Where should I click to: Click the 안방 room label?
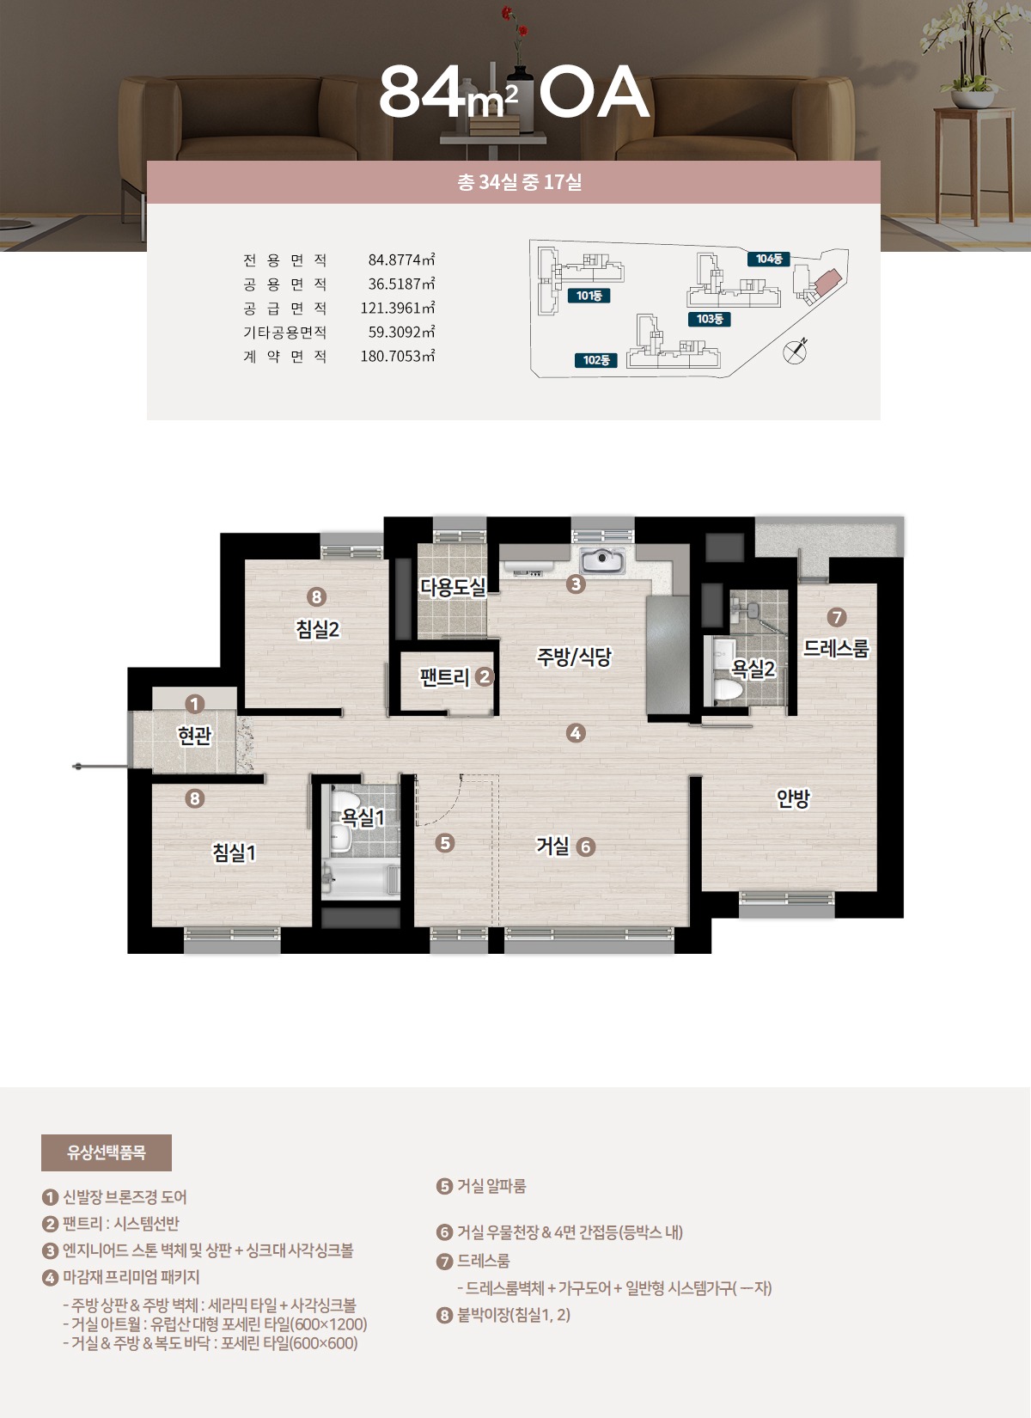pos(793,798)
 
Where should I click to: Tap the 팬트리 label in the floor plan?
pos(445,677)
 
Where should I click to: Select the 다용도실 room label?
pos(453,587)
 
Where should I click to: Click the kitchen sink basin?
pos(602,559)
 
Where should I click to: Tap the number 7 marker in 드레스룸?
pos(837,617)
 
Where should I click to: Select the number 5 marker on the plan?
pos(445,843)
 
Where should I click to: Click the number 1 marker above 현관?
pos(194,704)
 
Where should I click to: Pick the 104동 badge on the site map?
pos(769,259)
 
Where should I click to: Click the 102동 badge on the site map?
pos(596,360)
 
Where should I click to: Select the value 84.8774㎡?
pos(401,260)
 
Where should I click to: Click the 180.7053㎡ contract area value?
pos(398,356)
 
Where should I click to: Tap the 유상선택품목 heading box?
pos(107,1152)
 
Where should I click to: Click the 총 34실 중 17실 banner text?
pos(520,182)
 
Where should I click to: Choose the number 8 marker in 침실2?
pos(316,596)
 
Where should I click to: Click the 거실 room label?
pos(552,846)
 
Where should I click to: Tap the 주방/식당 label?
pos(574,657)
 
